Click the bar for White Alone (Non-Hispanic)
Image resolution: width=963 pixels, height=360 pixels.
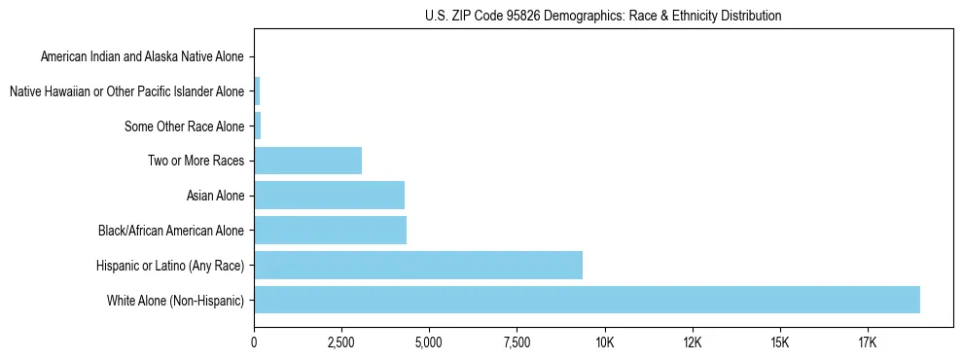click(x=587, y=300)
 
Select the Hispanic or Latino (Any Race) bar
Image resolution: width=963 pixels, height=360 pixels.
click(x=418, y=265)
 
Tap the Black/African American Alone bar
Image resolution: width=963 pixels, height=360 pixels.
click(x=330, y=231)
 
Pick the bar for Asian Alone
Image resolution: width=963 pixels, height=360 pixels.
click(x=329, y=196)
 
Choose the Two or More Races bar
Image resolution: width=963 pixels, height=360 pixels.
click(x=307, y=161)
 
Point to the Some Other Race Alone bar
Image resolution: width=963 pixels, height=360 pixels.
click(x=257, y=126)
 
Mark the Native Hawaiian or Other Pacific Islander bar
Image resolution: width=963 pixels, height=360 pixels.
click(x=257, y=91)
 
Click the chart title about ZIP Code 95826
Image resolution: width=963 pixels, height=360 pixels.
click(x=603, y=17)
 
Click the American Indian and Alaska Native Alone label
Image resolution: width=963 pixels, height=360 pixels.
click(x=143, y=56)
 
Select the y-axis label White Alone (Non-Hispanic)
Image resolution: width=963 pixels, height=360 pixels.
click(x=176, y=301)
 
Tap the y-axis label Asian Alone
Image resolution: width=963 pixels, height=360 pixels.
click(x=215, y=196)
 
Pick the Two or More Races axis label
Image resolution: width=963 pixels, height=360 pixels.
click(x=196, y=161)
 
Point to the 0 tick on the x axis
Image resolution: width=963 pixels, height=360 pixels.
click(x=254, y=342)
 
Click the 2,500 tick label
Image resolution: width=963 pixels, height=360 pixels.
click(x=341, y=342)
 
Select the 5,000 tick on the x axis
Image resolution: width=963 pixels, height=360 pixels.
click(x=429, y=342)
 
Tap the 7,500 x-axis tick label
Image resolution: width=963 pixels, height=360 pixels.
click(x=517, y=342)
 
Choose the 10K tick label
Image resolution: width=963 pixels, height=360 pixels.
click(x=604, y=342)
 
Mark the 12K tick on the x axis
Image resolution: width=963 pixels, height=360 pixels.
click(x=692, y=342)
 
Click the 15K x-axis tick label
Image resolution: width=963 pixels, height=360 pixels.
click(x=779, y=342)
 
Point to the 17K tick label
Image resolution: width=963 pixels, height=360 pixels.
click(x=867, y=342)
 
